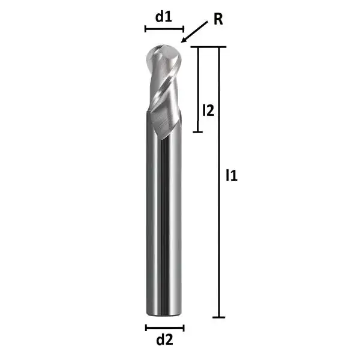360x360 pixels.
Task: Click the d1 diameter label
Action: [164, 17]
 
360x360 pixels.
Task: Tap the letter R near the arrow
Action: [218, 19]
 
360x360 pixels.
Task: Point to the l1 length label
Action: [232, 176]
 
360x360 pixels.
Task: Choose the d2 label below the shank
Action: [164, 340]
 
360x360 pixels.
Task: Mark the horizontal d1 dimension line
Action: [164, 28]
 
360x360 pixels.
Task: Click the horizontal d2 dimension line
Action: [164, 327]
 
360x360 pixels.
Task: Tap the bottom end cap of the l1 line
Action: [220, 317]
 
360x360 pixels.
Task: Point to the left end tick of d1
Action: [145, 28]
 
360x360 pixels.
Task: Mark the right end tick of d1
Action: [183, 28]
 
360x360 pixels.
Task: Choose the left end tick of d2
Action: [146, 327]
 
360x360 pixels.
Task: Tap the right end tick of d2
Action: [183, 327]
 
